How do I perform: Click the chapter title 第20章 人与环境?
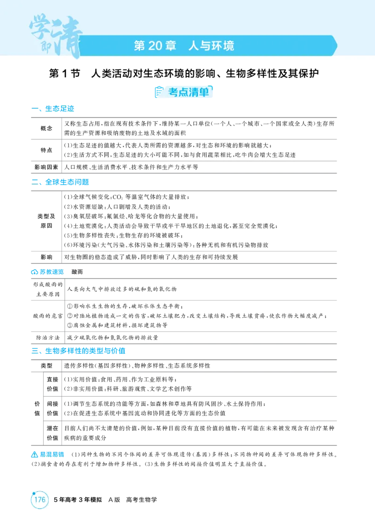[x=184, y=45]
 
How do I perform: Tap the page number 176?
[x=40, y=499]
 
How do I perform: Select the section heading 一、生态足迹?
[x=52, y=109]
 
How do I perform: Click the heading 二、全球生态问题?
[x=60, y=182]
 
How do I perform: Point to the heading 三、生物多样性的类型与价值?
[x=78, y=351]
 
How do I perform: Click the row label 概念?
[x=46, y=128]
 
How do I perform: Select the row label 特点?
[x=46, y=150]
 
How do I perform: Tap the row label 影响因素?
[x=46, y=167]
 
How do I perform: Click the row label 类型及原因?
[x=46, y=221]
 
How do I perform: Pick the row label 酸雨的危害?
[x=48, y=316]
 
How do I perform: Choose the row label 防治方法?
[x=48, y=337]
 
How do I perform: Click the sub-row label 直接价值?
[x=52, y=384]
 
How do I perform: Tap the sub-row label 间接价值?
[x=52, y=408]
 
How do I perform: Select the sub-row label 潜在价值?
[x=52, y=433]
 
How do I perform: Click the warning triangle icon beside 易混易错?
[x=34, y=454]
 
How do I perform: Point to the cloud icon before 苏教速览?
[x=35, y=272]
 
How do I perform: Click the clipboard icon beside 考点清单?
[x=159, y=92]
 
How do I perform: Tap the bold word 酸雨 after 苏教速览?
[x=77, y=272]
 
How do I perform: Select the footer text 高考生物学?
[x=142, y=499]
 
